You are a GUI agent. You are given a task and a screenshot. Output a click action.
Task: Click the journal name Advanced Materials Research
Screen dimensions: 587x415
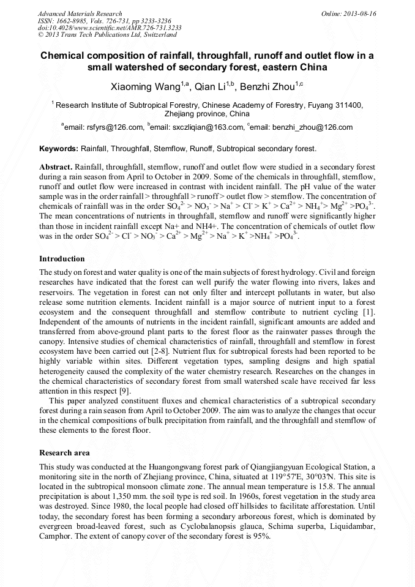(80, 13)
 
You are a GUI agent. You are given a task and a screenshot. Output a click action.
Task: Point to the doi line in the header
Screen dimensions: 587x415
(110, 28)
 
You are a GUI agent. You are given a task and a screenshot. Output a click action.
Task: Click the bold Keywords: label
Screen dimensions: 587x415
(59, 148)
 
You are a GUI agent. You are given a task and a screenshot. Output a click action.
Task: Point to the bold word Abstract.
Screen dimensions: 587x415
(56, 166)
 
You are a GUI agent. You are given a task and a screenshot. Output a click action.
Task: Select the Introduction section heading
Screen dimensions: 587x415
(62, 259)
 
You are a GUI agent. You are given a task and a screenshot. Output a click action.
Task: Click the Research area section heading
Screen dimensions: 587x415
(64, 453)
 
